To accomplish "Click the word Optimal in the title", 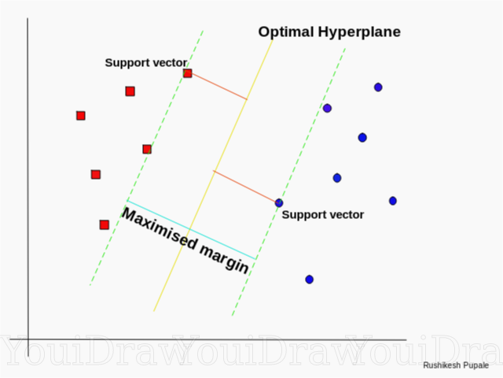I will click(x=285, y=32).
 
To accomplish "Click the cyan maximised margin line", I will click(x=191, y=230).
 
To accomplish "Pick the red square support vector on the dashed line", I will click(x=187, y=73).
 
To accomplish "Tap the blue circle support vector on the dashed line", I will click(x=279, y=203).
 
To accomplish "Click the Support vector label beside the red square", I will click(x=146, y=62).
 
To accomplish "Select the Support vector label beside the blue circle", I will click(x=323, y=215).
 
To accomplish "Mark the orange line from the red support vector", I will click(x=219, y=86).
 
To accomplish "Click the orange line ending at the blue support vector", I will click(x=245, y=187).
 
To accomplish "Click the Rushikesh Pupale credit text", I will click(x=456, y=365).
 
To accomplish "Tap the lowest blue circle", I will click(x=310, y=280).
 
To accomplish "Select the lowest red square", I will click(x=105, y=224).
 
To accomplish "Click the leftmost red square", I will click(x=81, y=116).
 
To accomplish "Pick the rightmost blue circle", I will click(x=393, y=201).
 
